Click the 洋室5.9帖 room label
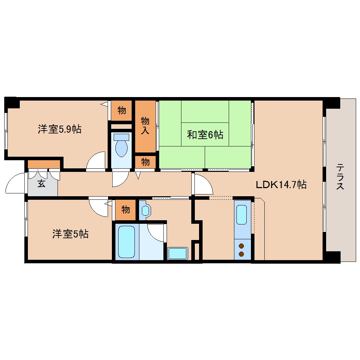pyautogui.click(x=60, y=129)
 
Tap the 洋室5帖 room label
pyautogui.click(x=70, y=234)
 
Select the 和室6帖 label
pyautogui.click(x=205, y=134)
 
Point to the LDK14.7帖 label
pyautogui.click(x=281, y=184)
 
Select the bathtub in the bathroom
pyautogui.click(x=126, y=242)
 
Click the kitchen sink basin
pyautogui.click(x=242, y=214)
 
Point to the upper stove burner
pyautogui.click(x=242, y=246)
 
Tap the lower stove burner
pyautogui.click(x=242, y=254)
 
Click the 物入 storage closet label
pyautogui.click(x=145, y=126)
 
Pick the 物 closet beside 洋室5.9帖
pyautogui.click(x=122, y=110)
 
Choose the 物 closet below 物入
pyautogui.click(x=145, y=162)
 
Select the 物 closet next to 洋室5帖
pyautogui.click(x=125, y=210)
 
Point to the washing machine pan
pyautogui.click(x=178, y=253)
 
